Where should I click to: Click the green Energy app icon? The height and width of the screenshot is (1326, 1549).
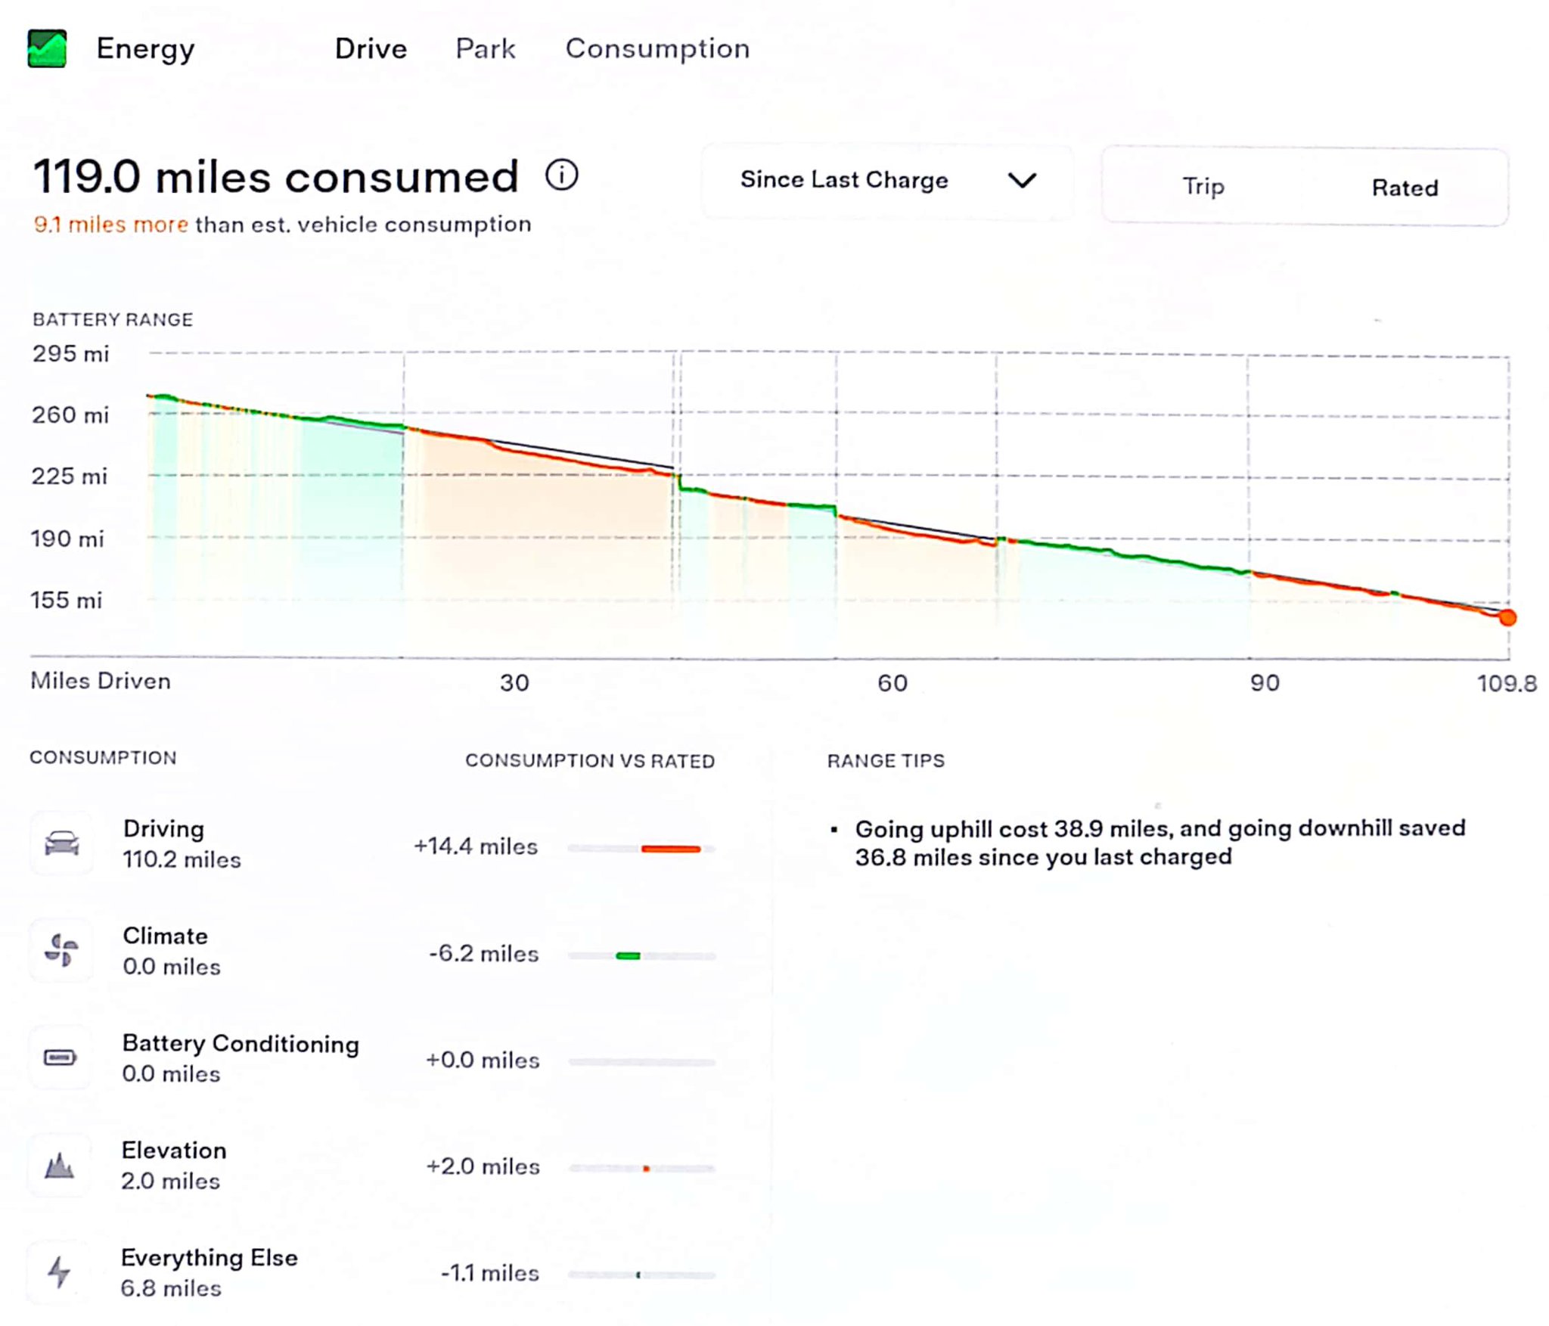(x=47, y=48)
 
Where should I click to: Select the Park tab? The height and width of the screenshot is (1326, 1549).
(x=485, y=48)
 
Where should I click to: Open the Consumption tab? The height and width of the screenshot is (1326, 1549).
(x=657, y=48)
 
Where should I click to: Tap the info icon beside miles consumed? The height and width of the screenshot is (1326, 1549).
(x=561, y=175)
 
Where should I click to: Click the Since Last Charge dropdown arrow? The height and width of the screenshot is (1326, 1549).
(x=1022, y=180)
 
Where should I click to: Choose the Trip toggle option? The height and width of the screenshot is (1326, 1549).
(x=1203, y=186)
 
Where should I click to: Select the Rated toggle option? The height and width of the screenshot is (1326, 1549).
(x=1405, y=188)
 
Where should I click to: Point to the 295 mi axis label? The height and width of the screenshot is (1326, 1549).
(x=70, y=353)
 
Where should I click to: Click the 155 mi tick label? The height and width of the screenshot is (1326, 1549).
(x=66, y=600)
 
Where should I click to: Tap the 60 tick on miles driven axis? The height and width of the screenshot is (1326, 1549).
(x=892, y=683)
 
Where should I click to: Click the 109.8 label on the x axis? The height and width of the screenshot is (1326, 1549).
(x=1506, y=684)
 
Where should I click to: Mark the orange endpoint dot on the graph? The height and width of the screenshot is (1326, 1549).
(x=1507, y=618)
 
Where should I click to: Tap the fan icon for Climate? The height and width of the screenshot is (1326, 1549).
(x=61, y=950)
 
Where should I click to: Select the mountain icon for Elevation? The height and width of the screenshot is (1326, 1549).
(x=59, y=1165)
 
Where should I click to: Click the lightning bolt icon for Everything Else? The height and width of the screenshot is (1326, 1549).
(x=59, y=1272)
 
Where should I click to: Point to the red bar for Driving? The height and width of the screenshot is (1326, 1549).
(x=670, y=849)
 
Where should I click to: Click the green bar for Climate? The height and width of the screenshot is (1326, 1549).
(x=628, y=956)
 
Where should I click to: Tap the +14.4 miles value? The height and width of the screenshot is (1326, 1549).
(x=475, y=846)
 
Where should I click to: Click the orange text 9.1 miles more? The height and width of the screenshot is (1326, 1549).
(x=110, y=224)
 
